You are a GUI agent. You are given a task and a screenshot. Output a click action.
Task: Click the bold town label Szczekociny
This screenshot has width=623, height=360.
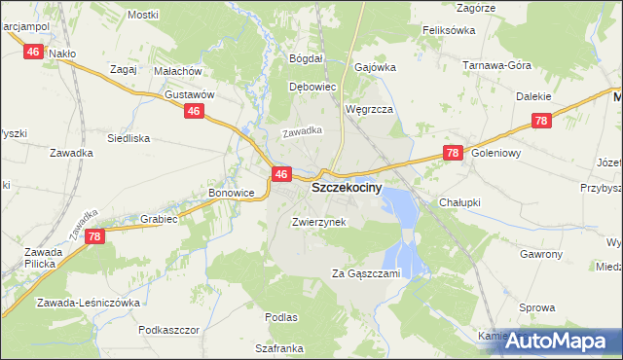pyautogui.click(x=346, y=192)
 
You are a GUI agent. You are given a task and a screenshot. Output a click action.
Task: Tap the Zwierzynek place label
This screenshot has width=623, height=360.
pyautogui.click(x=318, y=221)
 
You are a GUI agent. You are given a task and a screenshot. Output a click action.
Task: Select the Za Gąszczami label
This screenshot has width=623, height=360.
pyautogui.click(x=365, y=273)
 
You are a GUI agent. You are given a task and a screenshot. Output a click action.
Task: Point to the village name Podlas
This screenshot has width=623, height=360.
pyautogui.click(x=280, y=317)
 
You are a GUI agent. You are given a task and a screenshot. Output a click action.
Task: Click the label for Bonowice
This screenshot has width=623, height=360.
pyautogui.click(x=231, y=194)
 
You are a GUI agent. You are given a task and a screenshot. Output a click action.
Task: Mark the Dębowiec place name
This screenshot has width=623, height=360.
pyautogui.click(x=312, y=86)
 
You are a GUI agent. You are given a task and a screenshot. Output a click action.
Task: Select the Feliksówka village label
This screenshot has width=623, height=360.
pyautogui.click(x=448, y=31)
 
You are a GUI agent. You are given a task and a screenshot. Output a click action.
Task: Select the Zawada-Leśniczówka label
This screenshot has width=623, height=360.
pyautogui.click(x=89, y=303)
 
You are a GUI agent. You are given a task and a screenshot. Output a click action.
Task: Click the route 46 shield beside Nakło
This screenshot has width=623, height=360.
pyautogui.click(x=33, y=53)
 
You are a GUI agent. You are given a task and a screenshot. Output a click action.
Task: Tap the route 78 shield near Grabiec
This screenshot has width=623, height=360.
pyautogui.click(x=94, y=236)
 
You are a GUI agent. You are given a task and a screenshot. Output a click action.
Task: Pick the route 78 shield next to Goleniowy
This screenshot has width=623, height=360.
pyautogui.click(x=451, y=153)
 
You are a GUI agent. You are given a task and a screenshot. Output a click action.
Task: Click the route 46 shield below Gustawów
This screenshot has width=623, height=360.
pyautogui.click(x=194, y=113)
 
